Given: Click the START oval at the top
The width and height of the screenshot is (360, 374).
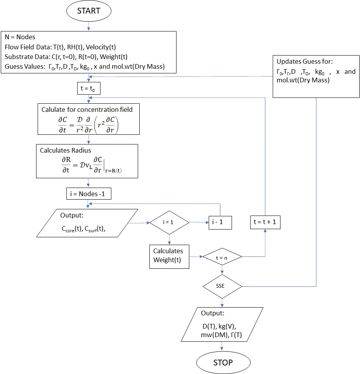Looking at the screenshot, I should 89,11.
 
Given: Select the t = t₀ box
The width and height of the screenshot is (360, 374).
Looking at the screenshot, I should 89,89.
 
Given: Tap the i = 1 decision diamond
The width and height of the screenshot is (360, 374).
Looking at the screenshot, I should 169,223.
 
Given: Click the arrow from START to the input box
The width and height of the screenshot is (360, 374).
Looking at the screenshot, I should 89,26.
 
